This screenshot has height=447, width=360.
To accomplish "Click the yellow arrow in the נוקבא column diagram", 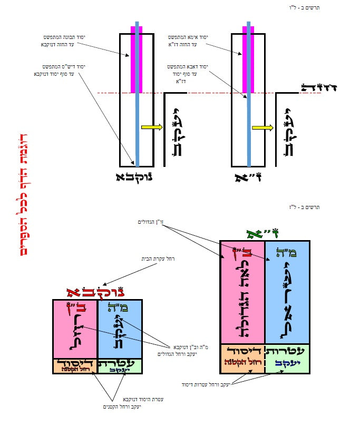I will [x=151, y=127].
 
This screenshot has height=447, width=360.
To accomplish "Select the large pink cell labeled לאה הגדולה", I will [x=242, y=292].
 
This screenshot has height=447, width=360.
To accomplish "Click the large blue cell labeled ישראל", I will [x=287, y=292].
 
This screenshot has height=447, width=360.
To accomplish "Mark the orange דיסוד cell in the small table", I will [x=75, y=366].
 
